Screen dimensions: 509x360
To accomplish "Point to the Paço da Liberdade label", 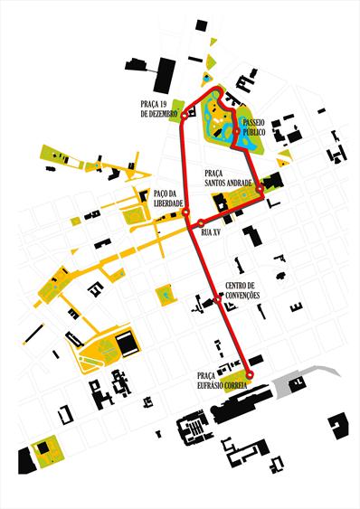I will click(x=170, y=196).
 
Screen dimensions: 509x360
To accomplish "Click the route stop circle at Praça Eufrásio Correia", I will click(x=250, y=375).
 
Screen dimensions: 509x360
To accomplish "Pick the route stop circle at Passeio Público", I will click(x=236, y=132).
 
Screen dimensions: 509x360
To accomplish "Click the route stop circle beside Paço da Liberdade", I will click(x=186, y=213).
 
